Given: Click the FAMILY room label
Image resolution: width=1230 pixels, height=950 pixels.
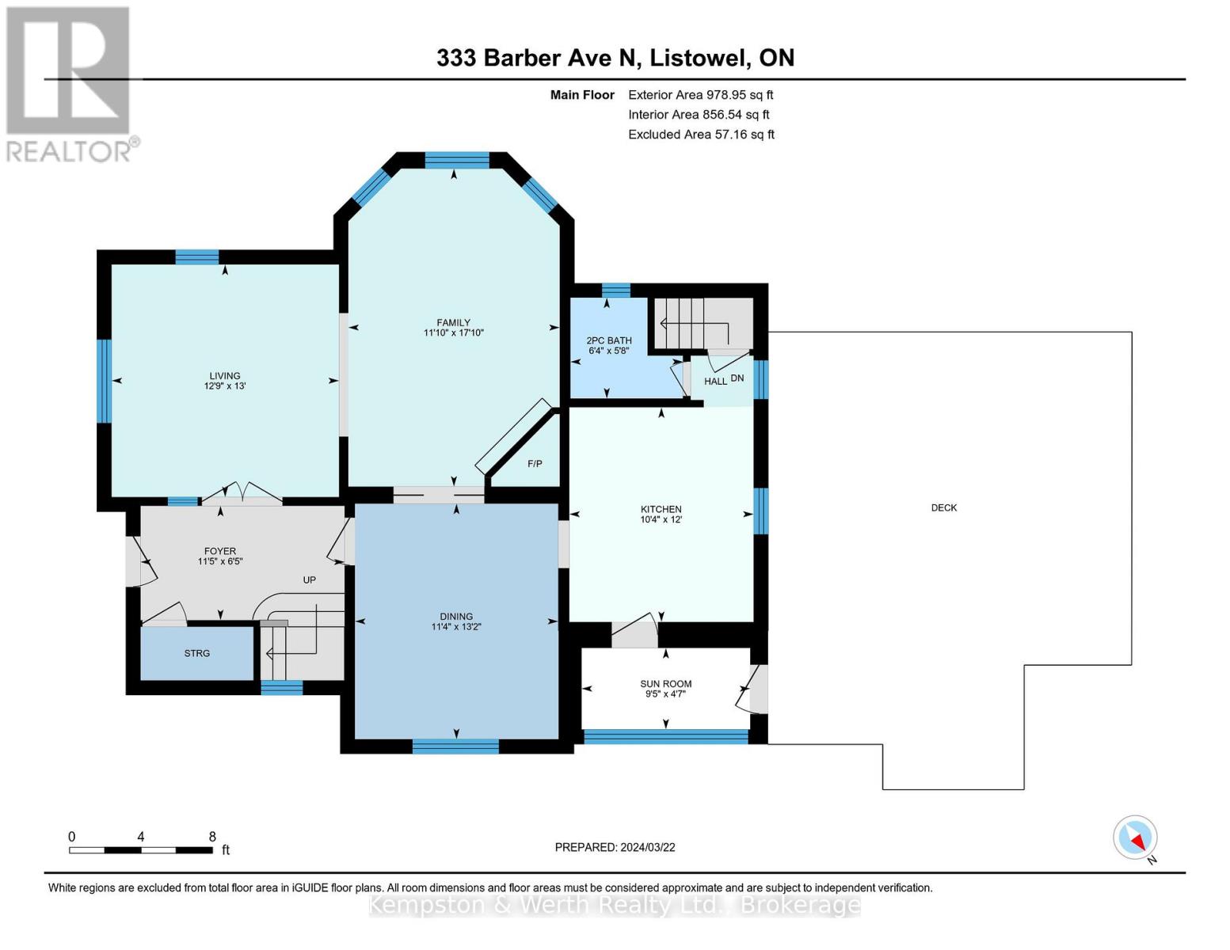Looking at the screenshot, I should pos(453,322).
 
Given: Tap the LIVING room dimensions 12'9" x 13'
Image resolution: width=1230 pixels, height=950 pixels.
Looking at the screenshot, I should pos(225,386).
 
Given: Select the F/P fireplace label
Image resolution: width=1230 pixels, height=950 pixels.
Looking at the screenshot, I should pos(535,463).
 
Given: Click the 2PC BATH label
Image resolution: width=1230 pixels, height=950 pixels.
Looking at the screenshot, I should pos(609,340).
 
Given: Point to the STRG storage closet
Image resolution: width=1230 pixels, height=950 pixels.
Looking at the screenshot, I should pos(197,653).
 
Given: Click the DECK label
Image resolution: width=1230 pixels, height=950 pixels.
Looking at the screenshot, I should pos(943,507).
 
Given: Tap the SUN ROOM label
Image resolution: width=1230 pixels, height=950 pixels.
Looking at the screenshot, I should pos(665,683).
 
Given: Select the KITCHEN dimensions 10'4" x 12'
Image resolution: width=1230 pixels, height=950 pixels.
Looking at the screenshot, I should pos(661,519).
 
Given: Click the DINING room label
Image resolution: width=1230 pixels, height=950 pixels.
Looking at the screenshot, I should pos(456,616).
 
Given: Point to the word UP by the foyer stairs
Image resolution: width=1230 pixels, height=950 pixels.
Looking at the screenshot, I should pos(309,579).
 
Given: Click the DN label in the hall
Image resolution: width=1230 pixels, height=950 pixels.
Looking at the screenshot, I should pos(737,378).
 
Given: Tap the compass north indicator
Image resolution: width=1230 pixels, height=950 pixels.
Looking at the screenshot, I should pos(1136,838).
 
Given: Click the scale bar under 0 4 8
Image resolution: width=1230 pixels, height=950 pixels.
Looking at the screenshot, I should pos(141,850).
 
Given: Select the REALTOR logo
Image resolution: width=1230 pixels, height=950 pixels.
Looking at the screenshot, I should pos(70,83).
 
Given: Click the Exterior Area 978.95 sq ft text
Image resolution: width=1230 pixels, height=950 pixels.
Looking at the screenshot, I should pos(700,94).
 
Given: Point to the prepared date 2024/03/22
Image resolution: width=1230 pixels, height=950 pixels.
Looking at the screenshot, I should pos(615,847).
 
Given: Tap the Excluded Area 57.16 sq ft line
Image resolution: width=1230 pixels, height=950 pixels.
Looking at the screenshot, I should pos(701,135).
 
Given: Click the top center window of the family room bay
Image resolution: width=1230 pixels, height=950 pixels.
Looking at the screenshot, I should pos(457,161).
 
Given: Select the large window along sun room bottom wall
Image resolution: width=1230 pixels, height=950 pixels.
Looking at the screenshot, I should pos(665,736).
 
